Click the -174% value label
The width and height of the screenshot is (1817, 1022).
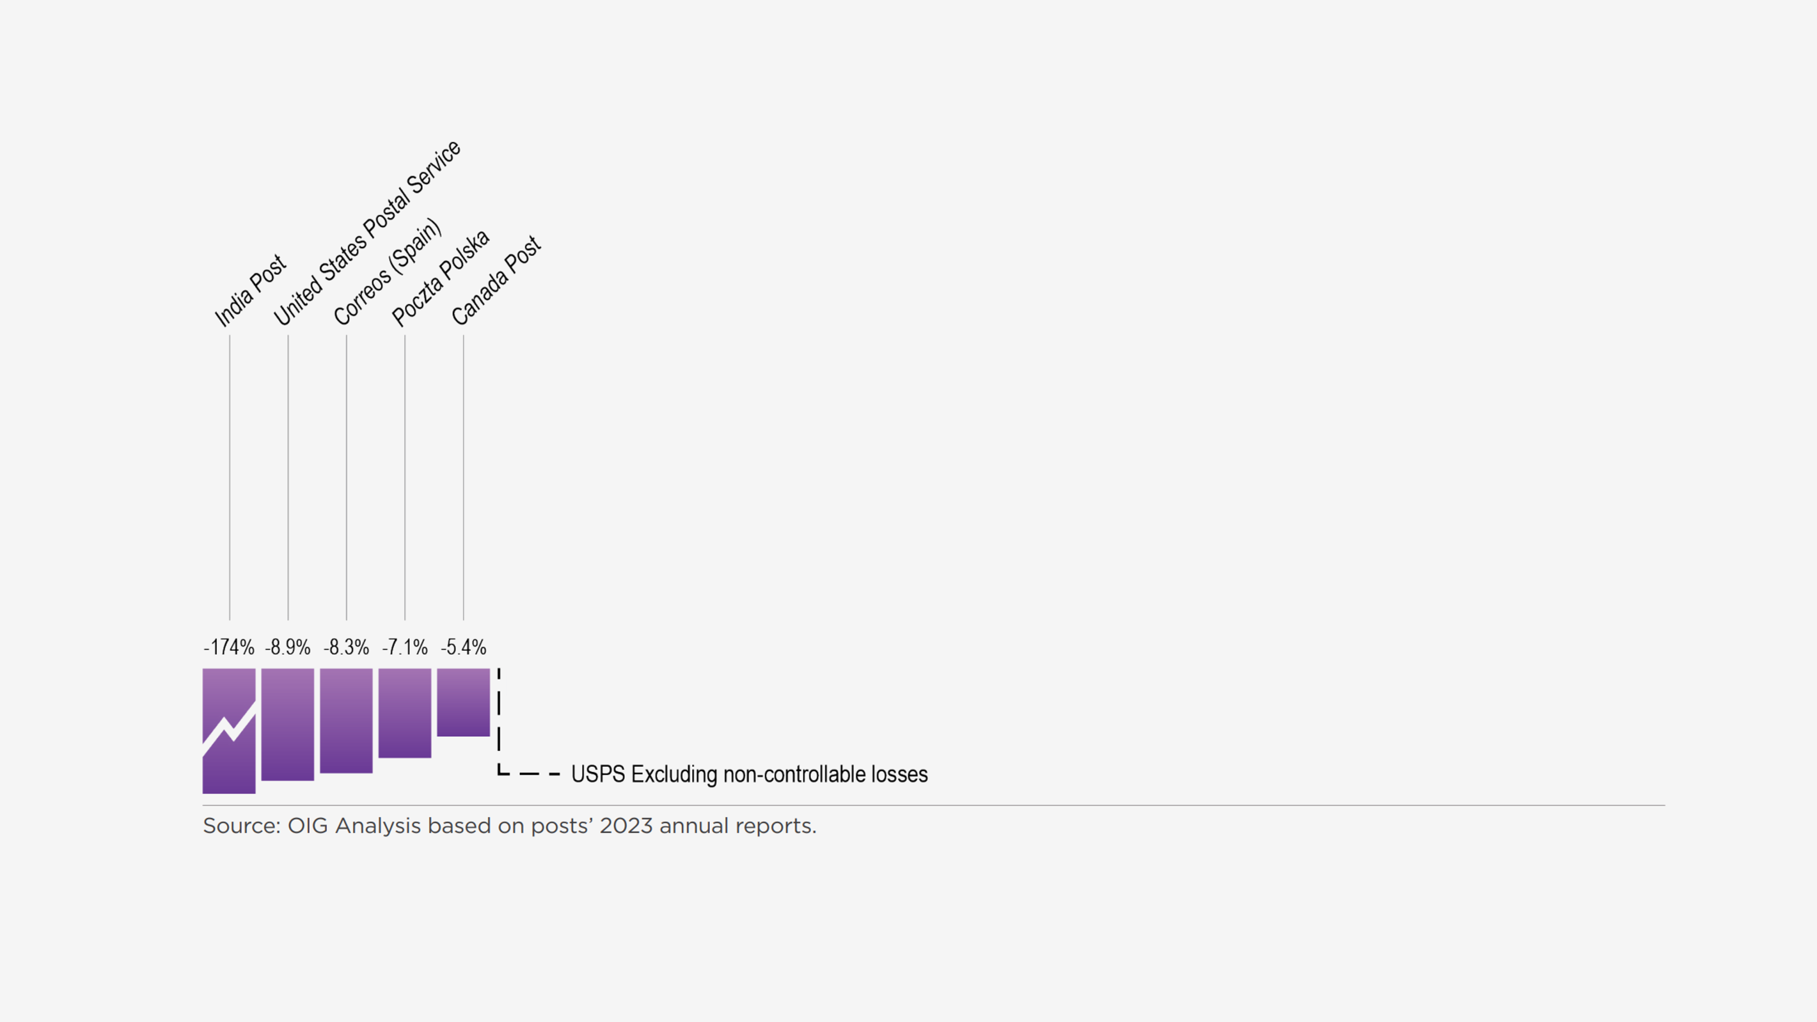(228, 647)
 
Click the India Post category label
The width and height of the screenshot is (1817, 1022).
(250, 291)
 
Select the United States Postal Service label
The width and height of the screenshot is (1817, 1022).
(367, 233)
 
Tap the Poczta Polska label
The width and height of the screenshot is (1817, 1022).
(440, 278)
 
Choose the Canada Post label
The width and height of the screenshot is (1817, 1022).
(496, 281)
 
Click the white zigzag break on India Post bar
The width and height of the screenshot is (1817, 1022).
(228, 729)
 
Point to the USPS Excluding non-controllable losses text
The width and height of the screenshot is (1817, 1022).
(749, 774)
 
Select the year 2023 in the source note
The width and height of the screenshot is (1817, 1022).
(626, 826)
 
